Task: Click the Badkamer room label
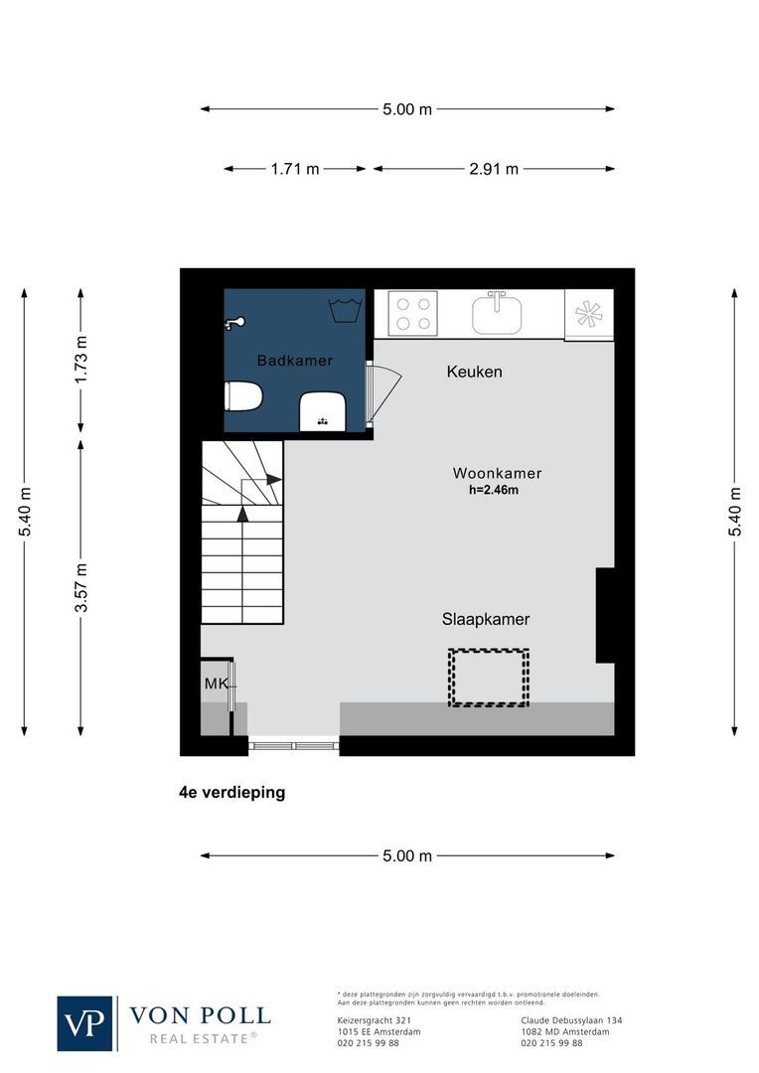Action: tap(294, 361)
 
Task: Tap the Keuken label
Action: tap(474, 373)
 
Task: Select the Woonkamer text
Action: tap(497, 473)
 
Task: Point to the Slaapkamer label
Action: tap(486, 619)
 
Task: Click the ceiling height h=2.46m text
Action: tap(494, 490)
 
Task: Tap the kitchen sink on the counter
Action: tap(497, 314)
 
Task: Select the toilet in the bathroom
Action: tap(242, 398)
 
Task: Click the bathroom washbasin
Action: tap(322, 410)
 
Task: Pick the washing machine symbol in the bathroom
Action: tap(344, 308)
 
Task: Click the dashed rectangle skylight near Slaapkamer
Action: tap(488, 678)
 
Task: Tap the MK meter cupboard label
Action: tap(216, 684)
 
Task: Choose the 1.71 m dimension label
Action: tap(295, 169)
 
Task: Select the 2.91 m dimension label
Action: tap(494, 169)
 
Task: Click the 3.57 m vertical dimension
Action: tap(81, 587)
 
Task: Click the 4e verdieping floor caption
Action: tap(226, 793)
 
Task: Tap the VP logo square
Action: tap(85, 1023)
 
